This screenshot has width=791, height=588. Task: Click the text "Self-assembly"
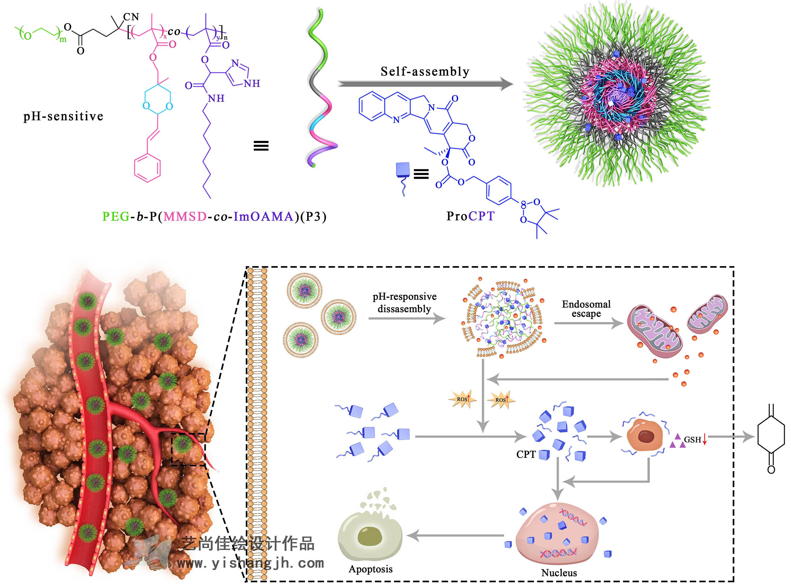pyautogui.click(x=425, y=72)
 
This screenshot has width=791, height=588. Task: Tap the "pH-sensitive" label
pyautogui.click(x=63, y=116)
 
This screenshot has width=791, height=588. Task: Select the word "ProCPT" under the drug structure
pyautogui.click(x=470, y=216)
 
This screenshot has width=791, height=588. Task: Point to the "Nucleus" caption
pyautogui.click(x=559, y=572)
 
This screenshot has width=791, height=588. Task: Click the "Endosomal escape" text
pyautogui.click(x=586, y=309)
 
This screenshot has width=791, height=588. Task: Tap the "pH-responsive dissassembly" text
pyautogui.click(x=404, y=303)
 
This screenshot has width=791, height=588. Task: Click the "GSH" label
pyautogui.click(x=692, y=440)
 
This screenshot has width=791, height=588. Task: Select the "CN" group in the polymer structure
pyautogui.click(x=131, y=17)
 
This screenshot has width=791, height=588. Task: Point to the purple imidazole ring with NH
pyautogui.click(x=238, y=74)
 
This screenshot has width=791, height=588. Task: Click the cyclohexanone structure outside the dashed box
pyautogui.click(x=771, y=438)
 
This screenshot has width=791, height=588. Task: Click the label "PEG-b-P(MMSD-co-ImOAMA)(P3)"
pyautogui.click(x=214, y=216)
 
